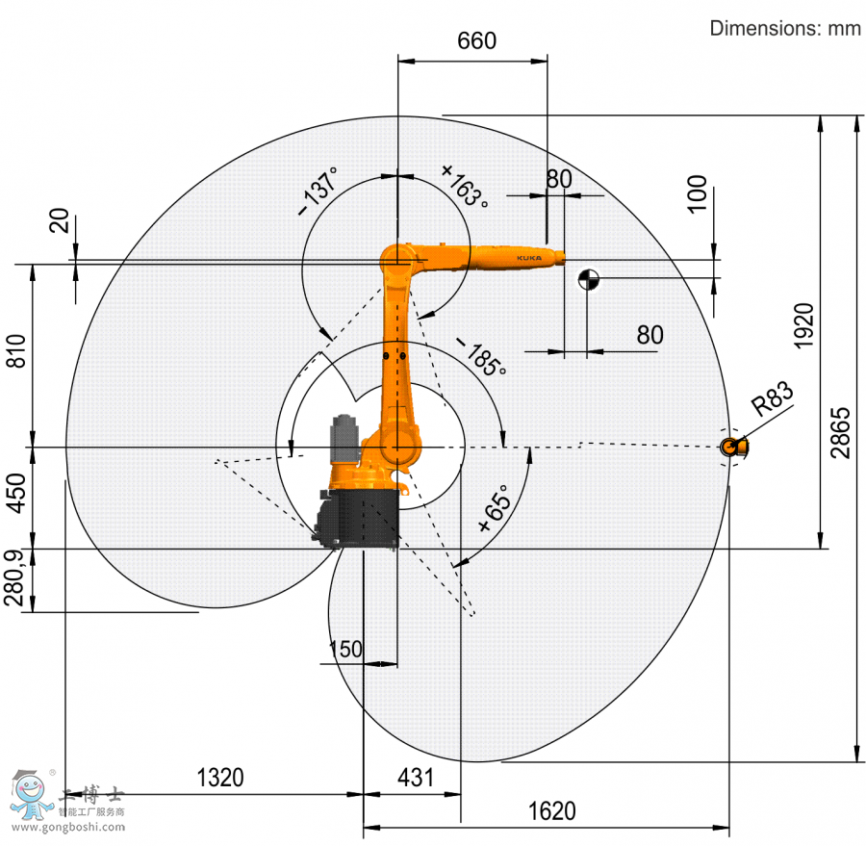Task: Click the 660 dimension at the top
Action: [x=476, y=40]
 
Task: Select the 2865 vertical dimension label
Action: [x=840, y=433]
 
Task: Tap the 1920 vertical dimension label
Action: [x=804, y=325]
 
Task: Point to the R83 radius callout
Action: [x=773, y=397]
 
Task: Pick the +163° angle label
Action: [x=465, y=185]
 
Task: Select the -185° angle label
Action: [x=480, y=357]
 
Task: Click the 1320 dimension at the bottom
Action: [x=220, y=777]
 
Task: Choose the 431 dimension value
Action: [x=416, y=777]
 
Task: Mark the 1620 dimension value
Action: [x=552, y=811]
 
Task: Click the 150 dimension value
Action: [x=345, y=649]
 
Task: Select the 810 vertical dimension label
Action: [x=15, y=352]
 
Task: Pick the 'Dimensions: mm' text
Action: [x=784, y=28]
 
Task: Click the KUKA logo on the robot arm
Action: [x=528, y=258]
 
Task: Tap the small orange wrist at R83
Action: [x=734, y=446]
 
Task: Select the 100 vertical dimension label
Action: [x=697, y=193]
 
